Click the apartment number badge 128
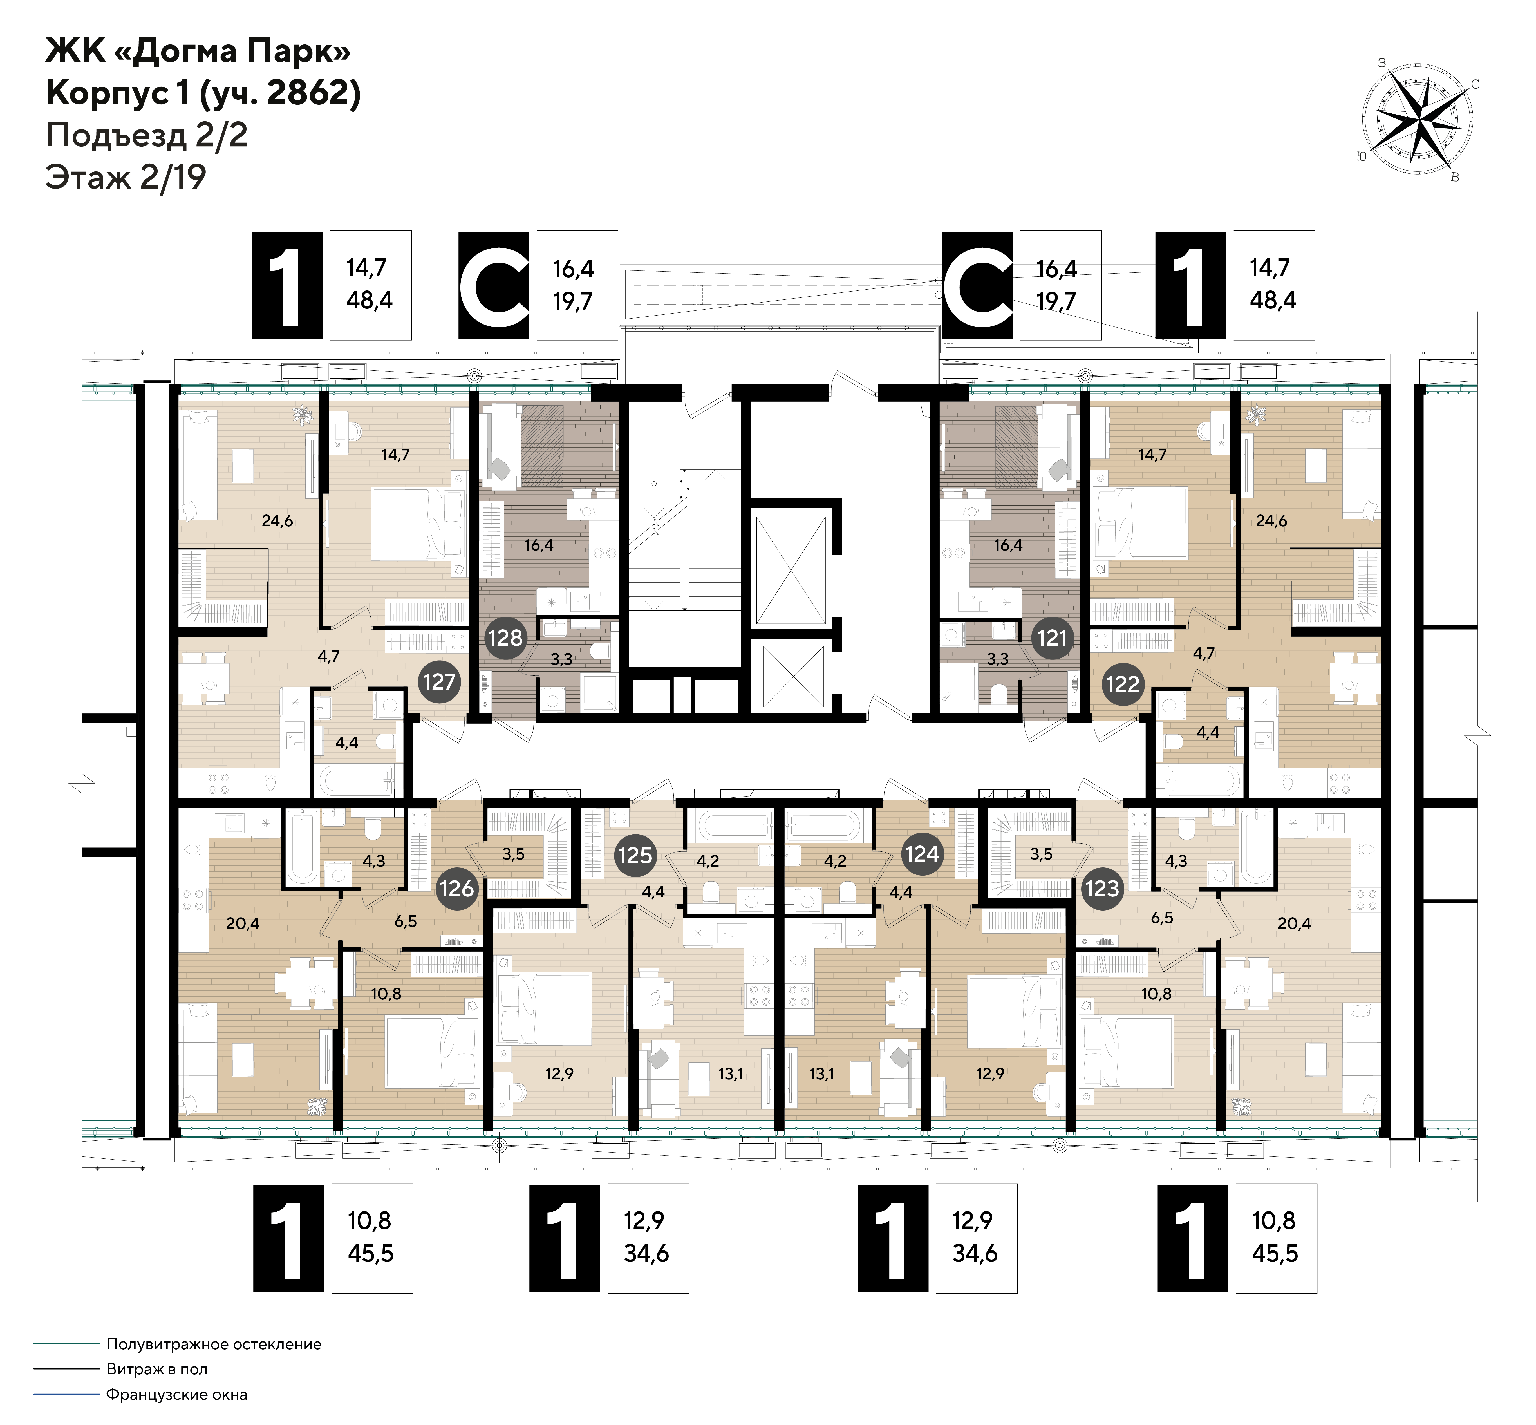(505, 638)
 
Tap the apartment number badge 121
(1052, 638)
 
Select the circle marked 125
(635, 855)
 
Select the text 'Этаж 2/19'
(126, 177)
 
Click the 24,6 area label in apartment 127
(277, 520)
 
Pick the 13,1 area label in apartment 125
(730, 1073)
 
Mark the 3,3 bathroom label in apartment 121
(998, 659)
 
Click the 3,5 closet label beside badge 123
(1041, 854)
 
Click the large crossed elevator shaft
(790, 570)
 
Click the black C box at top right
(977, 285)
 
